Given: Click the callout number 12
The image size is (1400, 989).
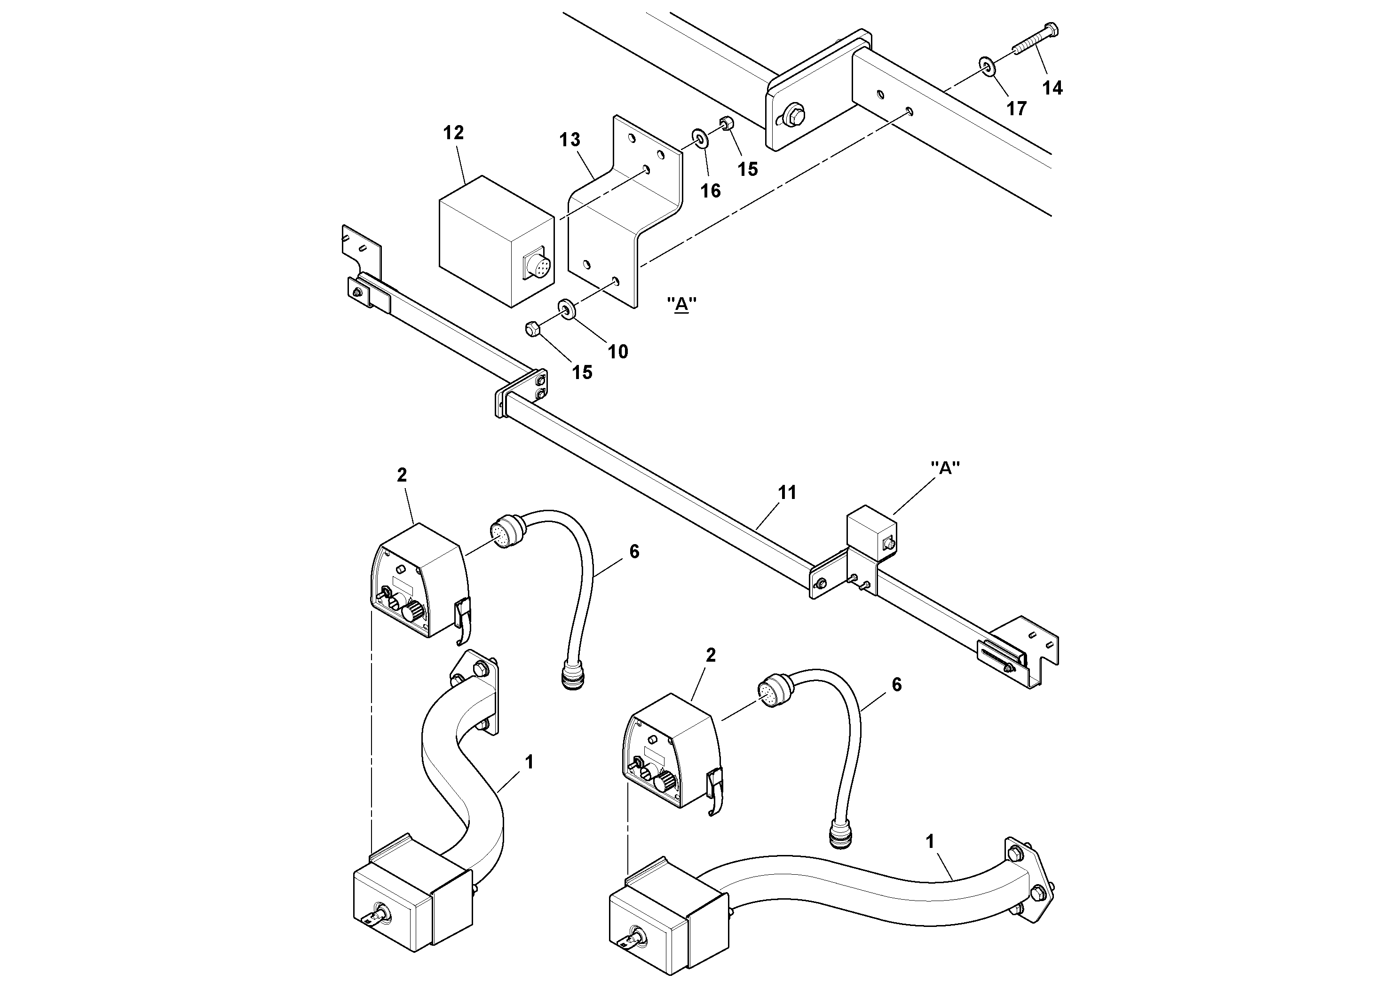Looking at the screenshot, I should coord(453,133).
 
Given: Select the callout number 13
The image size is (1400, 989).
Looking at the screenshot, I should coord(569,140).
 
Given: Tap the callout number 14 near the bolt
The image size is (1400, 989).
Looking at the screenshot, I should coord(1052,88).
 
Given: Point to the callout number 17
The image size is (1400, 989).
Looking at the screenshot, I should coord(1016,109).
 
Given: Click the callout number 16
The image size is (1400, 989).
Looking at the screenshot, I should coord(710,191).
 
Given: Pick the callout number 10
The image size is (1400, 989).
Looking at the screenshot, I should coord(617,351).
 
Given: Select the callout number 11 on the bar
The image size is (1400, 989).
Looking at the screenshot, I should coord(787,493).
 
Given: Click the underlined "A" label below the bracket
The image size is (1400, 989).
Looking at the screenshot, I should coord(681,304).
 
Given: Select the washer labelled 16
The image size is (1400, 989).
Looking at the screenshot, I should coord(699,138).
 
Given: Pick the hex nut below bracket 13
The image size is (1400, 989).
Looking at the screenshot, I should coord(531,329).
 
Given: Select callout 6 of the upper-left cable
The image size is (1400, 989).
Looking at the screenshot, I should coord(633,552).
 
